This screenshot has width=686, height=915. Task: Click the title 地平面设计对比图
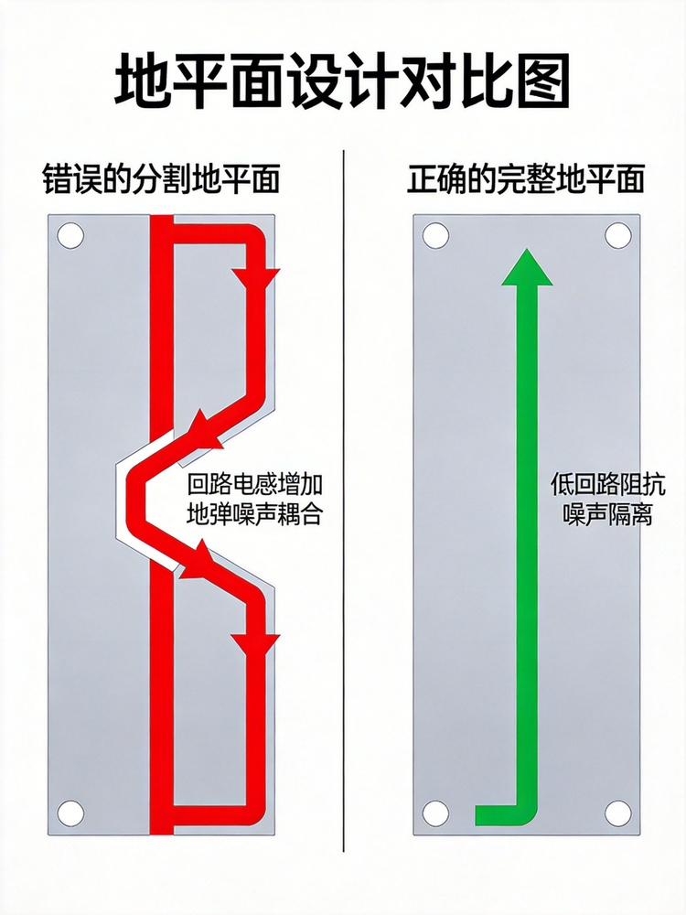click(x=342, y=81)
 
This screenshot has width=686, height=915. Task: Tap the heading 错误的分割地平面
click(x=161, y=178)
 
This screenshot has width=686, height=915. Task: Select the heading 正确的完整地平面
click(x=526, y=178)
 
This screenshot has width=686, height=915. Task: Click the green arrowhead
click(x=528, y=267)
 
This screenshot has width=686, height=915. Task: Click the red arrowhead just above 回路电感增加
click(x=203, y=429)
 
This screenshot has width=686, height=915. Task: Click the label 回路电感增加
click(x=255, y=485)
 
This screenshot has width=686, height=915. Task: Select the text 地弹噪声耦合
click(x=255, y=514)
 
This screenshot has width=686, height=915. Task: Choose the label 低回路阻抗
click(x=607, y=485)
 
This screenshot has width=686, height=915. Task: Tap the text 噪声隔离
click(x=607, y=514)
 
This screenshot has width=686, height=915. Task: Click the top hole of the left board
click(x=70, y=236)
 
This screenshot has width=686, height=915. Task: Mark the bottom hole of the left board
click(x=70, y=813)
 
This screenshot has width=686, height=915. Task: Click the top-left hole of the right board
click(x=435, y=236)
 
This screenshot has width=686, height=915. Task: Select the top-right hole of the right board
click(x=617, y=236)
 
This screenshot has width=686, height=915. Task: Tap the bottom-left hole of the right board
click(x=435, y=813)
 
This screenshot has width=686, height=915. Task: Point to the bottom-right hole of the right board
click(x=617, y=813)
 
